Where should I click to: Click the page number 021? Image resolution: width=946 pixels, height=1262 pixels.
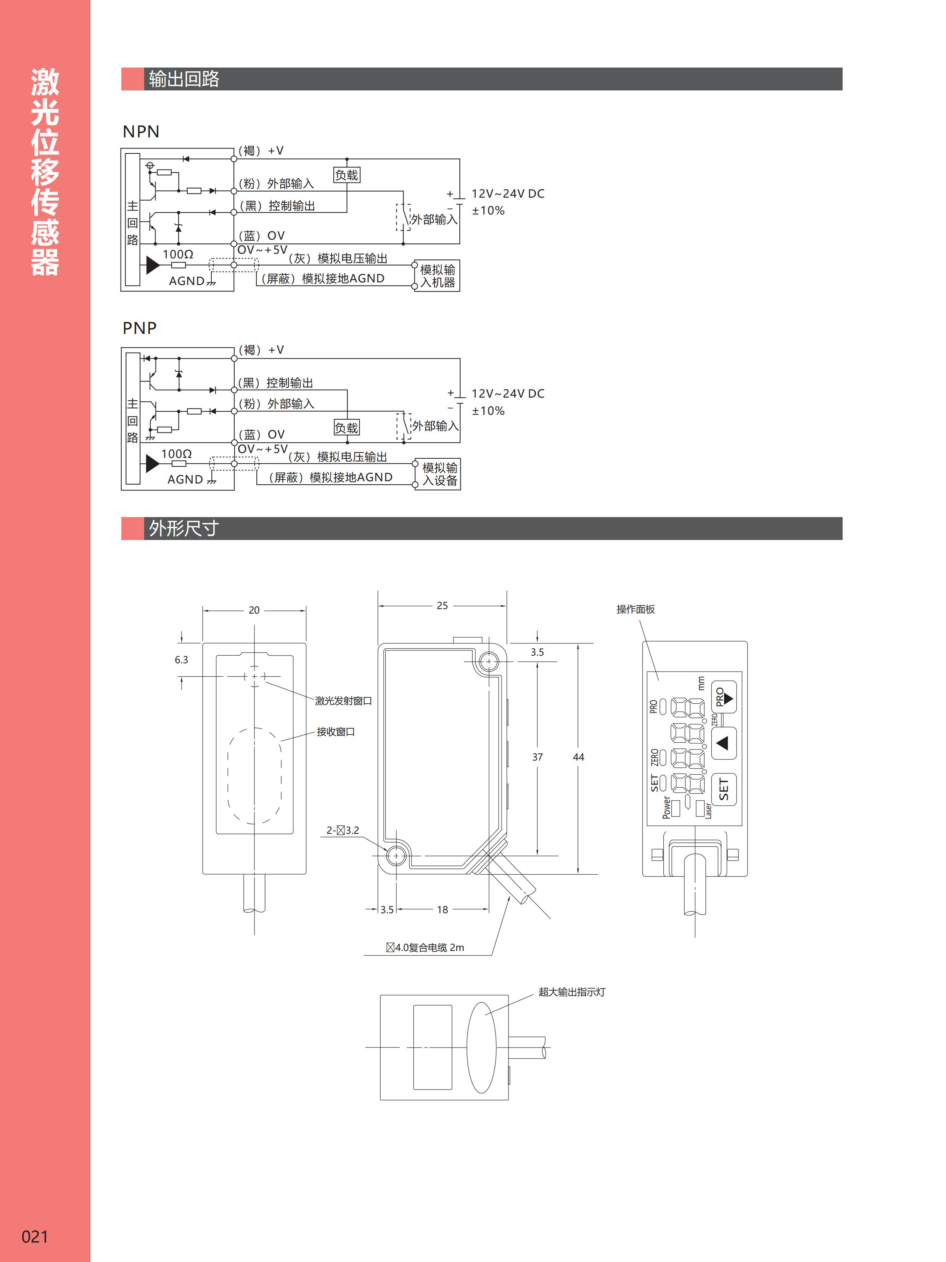point(35,1236)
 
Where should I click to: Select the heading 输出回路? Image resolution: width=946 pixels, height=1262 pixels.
point(183,79)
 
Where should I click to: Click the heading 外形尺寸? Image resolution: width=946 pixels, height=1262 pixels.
point(183,528)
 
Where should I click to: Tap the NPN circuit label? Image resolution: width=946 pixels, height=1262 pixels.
point(141,132)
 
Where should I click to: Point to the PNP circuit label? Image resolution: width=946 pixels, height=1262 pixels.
point(139,328)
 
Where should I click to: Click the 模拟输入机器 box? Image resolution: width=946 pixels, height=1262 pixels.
point(438,276)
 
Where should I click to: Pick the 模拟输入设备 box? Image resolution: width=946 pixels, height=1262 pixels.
point(439,474)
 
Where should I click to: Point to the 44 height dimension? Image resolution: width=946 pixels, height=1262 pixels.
point(578,757)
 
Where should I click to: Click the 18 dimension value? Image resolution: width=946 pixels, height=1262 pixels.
point(442,909)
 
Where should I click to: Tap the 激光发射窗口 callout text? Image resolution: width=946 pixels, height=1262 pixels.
point(343,701)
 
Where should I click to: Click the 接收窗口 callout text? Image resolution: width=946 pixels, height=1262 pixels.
point(336,732)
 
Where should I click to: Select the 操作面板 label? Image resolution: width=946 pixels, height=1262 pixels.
point(635,609)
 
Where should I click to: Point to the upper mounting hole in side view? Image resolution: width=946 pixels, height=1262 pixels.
point(488,662)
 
